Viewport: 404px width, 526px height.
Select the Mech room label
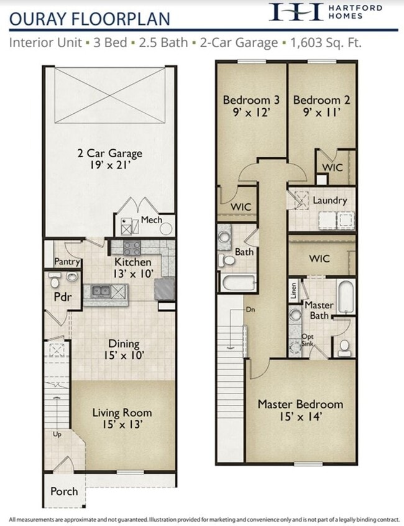point(151,219)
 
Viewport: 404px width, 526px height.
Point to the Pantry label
point(67,262)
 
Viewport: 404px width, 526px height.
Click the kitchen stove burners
point(132,248)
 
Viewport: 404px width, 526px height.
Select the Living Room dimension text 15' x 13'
point(122,425)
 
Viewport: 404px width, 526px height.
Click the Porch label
point(64,491)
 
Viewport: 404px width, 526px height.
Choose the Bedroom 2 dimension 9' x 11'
point(316,114)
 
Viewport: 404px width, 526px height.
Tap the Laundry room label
point(329,201)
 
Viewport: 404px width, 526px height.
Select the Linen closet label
point(293,290)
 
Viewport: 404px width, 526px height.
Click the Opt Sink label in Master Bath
point(308,340)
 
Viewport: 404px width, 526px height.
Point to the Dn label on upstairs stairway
point(250,309)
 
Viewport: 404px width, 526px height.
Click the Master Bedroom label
point(300,404)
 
